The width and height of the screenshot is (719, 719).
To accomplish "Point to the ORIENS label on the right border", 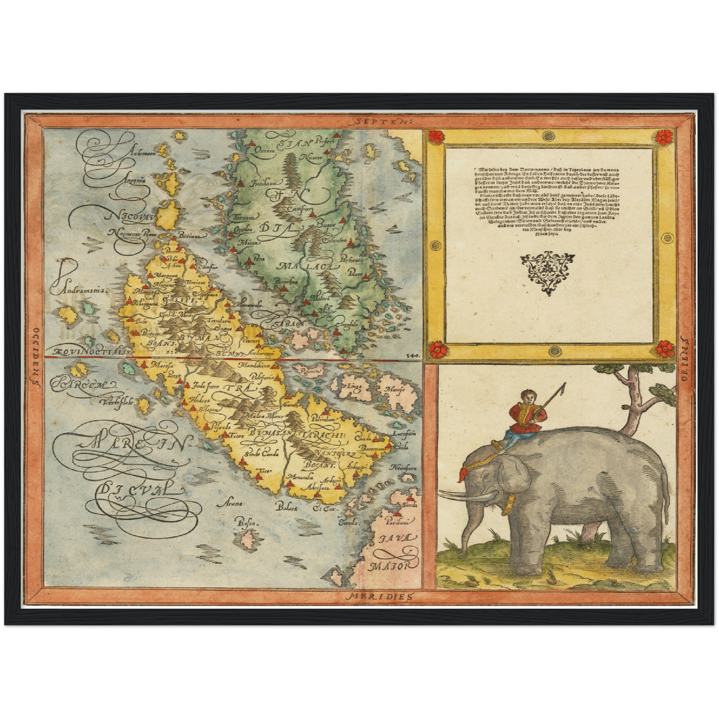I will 683,358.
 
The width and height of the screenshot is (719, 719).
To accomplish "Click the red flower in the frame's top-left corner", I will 436,136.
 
